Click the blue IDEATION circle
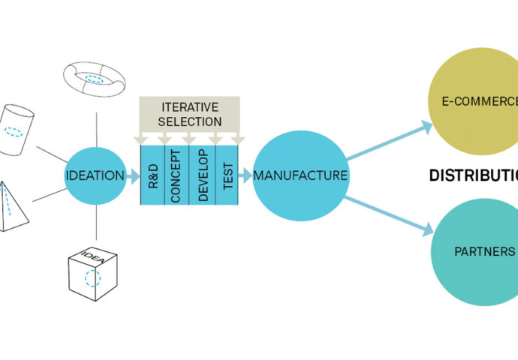pos(95,176)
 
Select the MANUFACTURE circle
pos(300,176)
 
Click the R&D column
pos(152,177)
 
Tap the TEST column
pos(227,177)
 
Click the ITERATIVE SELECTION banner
pos(189,114)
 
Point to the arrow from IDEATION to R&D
pos(133,177)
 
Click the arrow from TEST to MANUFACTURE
pos(245,177)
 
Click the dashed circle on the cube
pos(92,278)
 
